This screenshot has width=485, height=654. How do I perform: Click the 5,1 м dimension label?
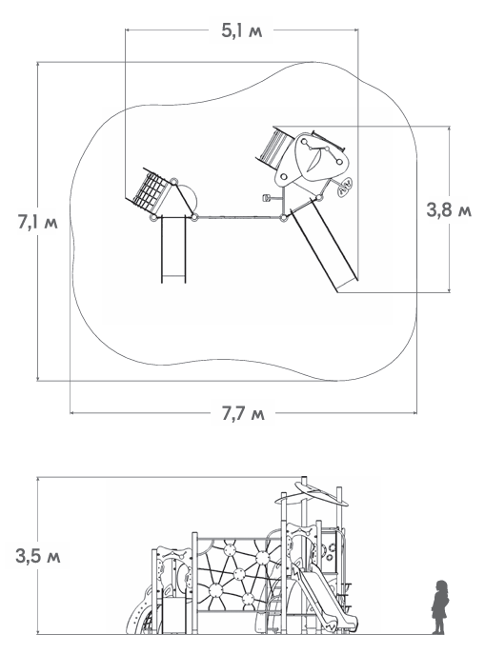tap(242, 30)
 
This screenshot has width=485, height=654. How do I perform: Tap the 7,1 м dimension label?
tap(37, 222)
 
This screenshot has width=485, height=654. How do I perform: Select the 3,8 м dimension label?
tap(449, 209)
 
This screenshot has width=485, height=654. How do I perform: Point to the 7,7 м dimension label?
tap(243, 413)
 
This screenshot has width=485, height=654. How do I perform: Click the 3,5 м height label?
tap(38, 556)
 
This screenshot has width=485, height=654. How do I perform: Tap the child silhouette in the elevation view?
tap(440, 606)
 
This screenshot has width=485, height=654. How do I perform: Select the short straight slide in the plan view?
tap(173, 249)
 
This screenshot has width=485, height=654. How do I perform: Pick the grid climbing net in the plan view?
tap(150, 188)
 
